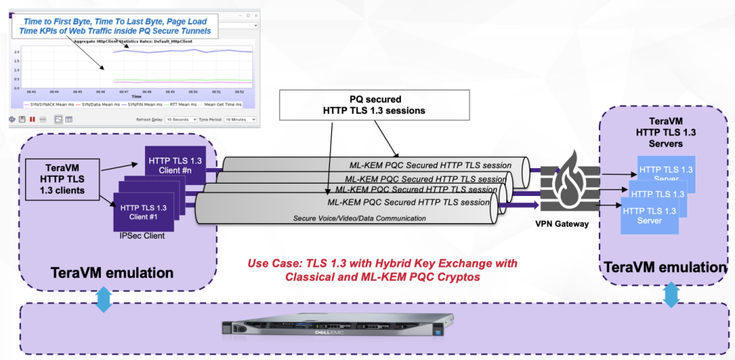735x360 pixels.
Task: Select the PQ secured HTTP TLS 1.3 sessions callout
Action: (x=375, y=105)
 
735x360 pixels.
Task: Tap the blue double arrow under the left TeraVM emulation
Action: (x=103, y=299)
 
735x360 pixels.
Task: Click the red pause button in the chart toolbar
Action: (x=33, y=119)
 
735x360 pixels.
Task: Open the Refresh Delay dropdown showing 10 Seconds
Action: (x=176, y=119)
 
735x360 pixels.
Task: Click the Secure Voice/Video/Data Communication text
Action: (x=359, y=218)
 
